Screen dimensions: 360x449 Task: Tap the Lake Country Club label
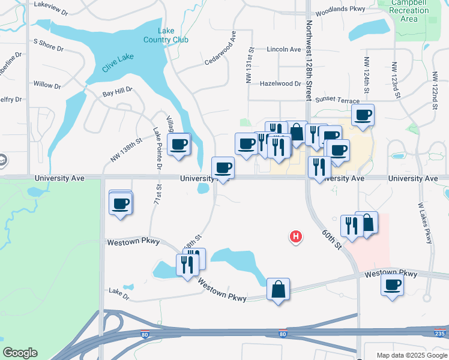(x=166, y=35)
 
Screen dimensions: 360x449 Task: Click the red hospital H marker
(x=295, y=237)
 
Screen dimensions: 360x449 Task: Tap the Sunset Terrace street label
(x=337, y=101)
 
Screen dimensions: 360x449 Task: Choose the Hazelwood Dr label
(x=280, y=84)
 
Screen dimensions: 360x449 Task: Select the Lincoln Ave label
(x=283, y=49)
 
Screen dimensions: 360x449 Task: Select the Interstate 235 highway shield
(x=441, y=333)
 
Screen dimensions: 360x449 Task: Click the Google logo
(x=20, y=353)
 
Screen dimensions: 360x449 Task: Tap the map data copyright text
(x=411, y=355)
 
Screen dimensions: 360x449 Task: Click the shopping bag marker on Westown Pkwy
(x=278, y=290)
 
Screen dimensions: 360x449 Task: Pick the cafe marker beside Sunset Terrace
(x=363, y=116)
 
